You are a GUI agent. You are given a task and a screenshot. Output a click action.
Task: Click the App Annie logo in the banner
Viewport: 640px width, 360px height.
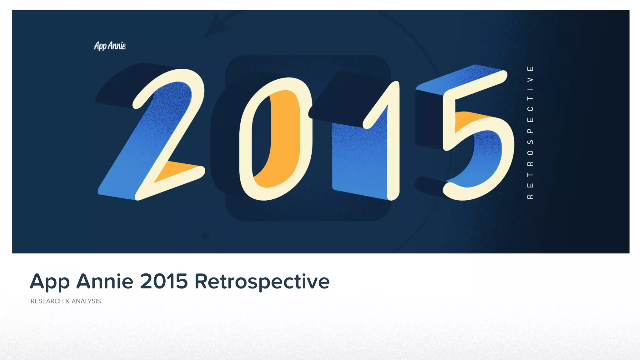pos(110,46)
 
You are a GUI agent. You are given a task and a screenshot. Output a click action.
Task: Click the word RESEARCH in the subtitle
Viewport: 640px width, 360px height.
pos(47,301)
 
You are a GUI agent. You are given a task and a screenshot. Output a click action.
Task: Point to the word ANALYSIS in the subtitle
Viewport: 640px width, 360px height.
pos(86,301)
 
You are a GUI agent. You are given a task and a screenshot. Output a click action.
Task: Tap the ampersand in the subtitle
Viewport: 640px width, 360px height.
pos(67,301)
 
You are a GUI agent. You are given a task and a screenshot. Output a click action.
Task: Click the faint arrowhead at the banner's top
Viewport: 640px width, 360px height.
pos(219,27)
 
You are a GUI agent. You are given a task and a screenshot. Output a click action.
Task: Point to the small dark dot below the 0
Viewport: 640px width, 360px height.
pos(205,236)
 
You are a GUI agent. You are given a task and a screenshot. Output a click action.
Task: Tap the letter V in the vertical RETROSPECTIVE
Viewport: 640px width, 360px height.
pos(530,79)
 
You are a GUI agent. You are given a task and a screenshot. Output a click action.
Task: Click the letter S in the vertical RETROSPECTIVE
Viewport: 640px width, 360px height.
pos(530,142)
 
